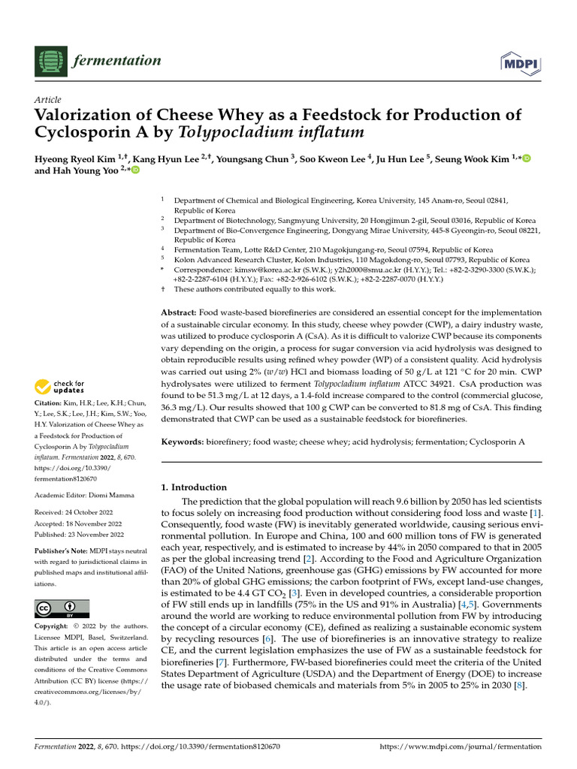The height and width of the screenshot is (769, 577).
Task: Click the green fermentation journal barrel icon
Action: click(x=50, y=60)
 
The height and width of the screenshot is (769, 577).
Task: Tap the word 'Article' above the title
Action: click(x=48, y=100)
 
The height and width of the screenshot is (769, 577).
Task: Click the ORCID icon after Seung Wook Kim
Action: click(x=527, y=158)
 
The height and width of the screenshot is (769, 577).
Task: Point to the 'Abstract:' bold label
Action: click(x=179, y=312)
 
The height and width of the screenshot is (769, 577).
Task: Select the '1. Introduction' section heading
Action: click(x=194, y=487)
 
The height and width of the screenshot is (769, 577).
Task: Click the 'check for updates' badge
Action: click(x=60, y=388)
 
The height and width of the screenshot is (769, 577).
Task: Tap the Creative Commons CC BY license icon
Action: click(x=62, y=608)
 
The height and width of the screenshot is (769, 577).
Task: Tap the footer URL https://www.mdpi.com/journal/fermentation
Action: click(x=461, y=746)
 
